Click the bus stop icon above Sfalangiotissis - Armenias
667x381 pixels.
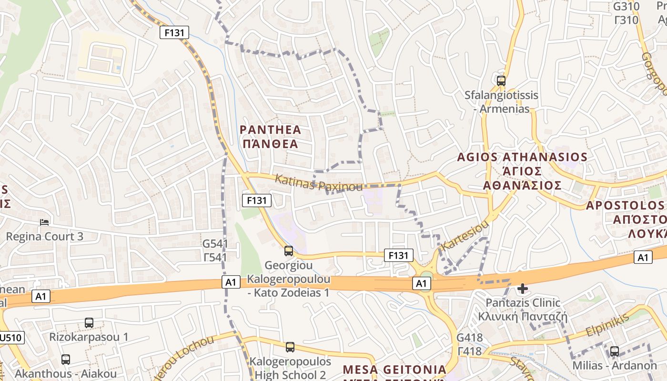[501, 81]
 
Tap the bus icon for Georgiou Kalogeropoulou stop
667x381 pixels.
[288, 251]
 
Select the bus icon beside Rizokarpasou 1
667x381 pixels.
[89, 323]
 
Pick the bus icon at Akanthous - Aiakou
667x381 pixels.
[66, 360]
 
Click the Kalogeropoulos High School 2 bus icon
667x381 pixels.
[290, 347]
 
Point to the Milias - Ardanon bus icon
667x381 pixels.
[615, 351]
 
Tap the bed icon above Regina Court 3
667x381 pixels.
[44, 222]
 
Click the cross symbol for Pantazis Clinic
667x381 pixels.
[523, 288]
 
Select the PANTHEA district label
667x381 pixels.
[270, 130]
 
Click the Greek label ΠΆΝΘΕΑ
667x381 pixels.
[270, 144]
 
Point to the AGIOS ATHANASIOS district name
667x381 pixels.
[522, 157]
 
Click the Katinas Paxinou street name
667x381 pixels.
[319, 183]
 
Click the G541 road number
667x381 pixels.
[215, 244]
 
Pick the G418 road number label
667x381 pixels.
[469, 338]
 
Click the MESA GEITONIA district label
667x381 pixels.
[394, 370]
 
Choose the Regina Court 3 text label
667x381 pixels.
[44, 236]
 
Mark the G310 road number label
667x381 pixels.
[626, 7]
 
